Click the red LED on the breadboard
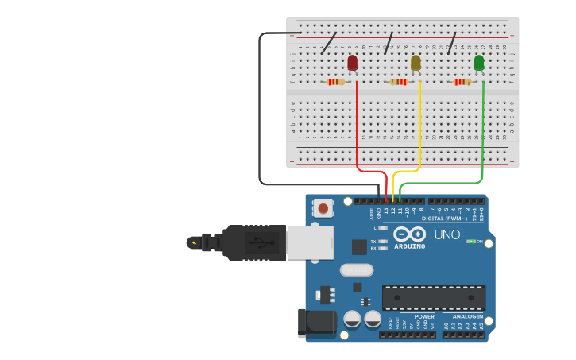click(x=353, y=63)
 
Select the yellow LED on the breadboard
click(x=416, y=63)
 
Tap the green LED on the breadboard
click(x=479, y=63)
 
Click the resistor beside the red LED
click(x=336, y=82)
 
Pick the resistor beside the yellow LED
click(x=399, y=82)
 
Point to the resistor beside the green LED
click(x=462, y=82)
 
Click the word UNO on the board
click(x=446, y=235)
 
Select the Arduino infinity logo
click(x=410, y=234)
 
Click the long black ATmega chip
click(x=434, y=298)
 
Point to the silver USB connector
click(x=309, y=242)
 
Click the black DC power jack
click(x=316, y=323)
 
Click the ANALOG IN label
click(x=468, y=316)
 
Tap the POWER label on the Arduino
click(x=424, y=316)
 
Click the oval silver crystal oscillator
click(x=357, y=270)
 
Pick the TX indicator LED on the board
click(x=383, y=241)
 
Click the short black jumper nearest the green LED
click(x=452, y=43)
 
